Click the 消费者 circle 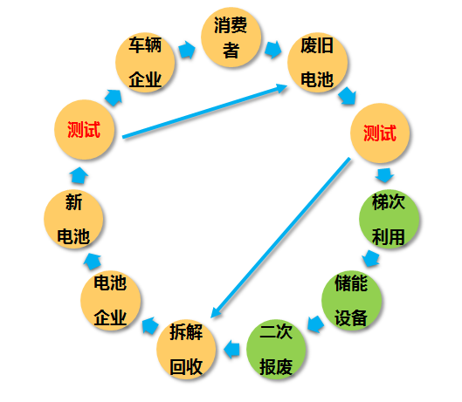[231, 37]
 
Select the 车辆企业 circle [145, 63]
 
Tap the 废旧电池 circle [317, 63]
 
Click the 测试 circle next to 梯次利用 [380, 133]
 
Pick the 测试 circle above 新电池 [84, 129]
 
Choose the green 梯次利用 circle [389, 219]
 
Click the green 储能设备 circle [351, 300]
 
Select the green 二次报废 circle [276, 350]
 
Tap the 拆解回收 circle [186, 350]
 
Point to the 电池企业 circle [111, 300]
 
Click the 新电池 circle [73, 219]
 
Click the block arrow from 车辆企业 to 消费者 [187, 50]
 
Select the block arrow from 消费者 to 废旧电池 [272, 50]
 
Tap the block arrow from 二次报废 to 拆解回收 [231, 350]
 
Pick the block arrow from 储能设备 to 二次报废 [315, 324]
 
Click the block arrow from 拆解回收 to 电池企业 [150, 325]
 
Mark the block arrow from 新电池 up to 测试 [79, 175]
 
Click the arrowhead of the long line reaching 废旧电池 [281, 87]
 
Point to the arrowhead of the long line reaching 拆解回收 [216, 312]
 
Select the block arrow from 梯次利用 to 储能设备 [370, 258]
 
